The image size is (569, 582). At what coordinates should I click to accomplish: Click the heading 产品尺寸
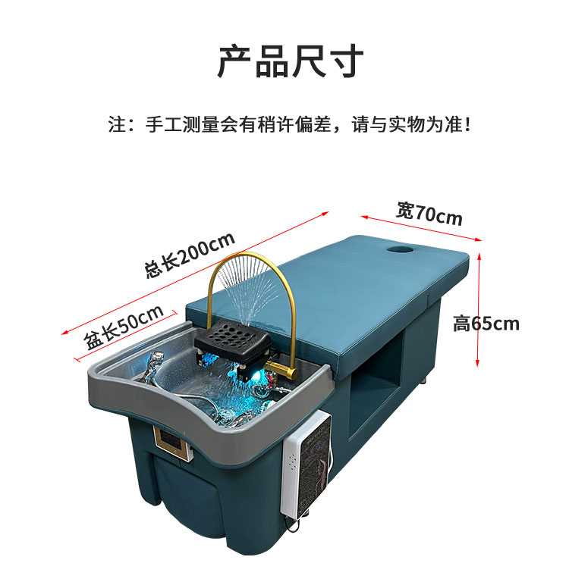tap(291, 61)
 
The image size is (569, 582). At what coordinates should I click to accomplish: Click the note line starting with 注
tap(290, 124)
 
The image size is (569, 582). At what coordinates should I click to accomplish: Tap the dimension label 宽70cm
tap(429, 214)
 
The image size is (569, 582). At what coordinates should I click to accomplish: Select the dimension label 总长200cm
tap(190, 255)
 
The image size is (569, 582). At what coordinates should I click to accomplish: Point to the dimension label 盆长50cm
tap(124, 327)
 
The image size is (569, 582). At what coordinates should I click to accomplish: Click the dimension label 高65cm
tap(486, 324)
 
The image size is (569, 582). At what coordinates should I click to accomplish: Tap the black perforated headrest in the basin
tap(233, 339)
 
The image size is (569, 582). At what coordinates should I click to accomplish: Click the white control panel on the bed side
tap(307, 463)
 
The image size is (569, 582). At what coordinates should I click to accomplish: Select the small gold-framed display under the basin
tap(174, 443)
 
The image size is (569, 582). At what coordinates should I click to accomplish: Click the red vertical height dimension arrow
tap(479, 309)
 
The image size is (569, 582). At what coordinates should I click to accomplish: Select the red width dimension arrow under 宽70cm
tap(421, 228)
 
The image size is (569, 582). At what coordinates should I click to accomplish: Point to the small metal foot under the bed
tap(424, 381)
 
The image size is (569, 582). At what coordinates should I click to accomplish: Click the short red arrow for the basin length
tap(126, 336)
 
